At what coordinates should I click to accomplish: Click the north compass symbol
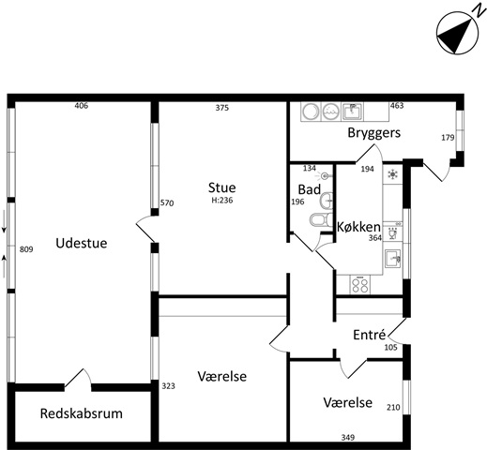click(x=457, y=34)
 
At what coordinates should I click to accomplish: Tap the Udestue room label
click(x=82, y=243)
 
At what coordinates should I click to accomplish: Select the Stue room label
click(x=222, y=187)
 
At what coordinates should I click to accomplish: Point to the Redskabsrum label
click(x=82, y=413)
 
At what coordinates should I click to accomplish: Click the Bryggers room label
click(x=374, y=133)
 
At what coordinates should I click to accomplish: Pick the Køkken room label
click(x=358, y=227)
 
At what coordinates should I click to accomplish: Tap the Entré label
click(x=370, y=335)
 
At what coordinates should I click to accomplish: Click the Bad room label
click(x=310, y=189)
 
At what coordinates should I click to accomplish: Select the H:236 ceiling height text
click(x=222, y=201)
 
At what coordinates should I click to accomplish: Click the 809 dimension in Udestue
click(x=26, y=249)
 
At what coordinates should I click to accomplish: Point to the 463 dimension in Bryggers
click(x=397, y=106)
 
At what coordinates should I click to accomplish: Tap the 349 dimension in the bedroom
click(x=348, y=438)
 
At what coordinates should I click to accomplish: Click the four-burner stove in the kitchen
click(x=360, y=285)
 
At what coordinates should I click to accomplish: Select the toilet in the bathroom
click(x=321, y=219)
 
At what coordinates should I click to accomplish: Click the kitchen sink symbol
click(x=393, y=258)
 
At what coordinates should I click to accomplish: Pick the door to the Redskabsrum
click(x=78, y=379)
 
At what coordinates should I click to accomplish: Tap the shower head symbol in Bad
click(x=324, y=176)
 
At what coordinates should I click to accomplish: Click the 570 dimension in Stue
click(x=167, y=203)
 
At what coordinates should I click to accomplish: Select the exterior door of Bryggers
click(x=436, y=171)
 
